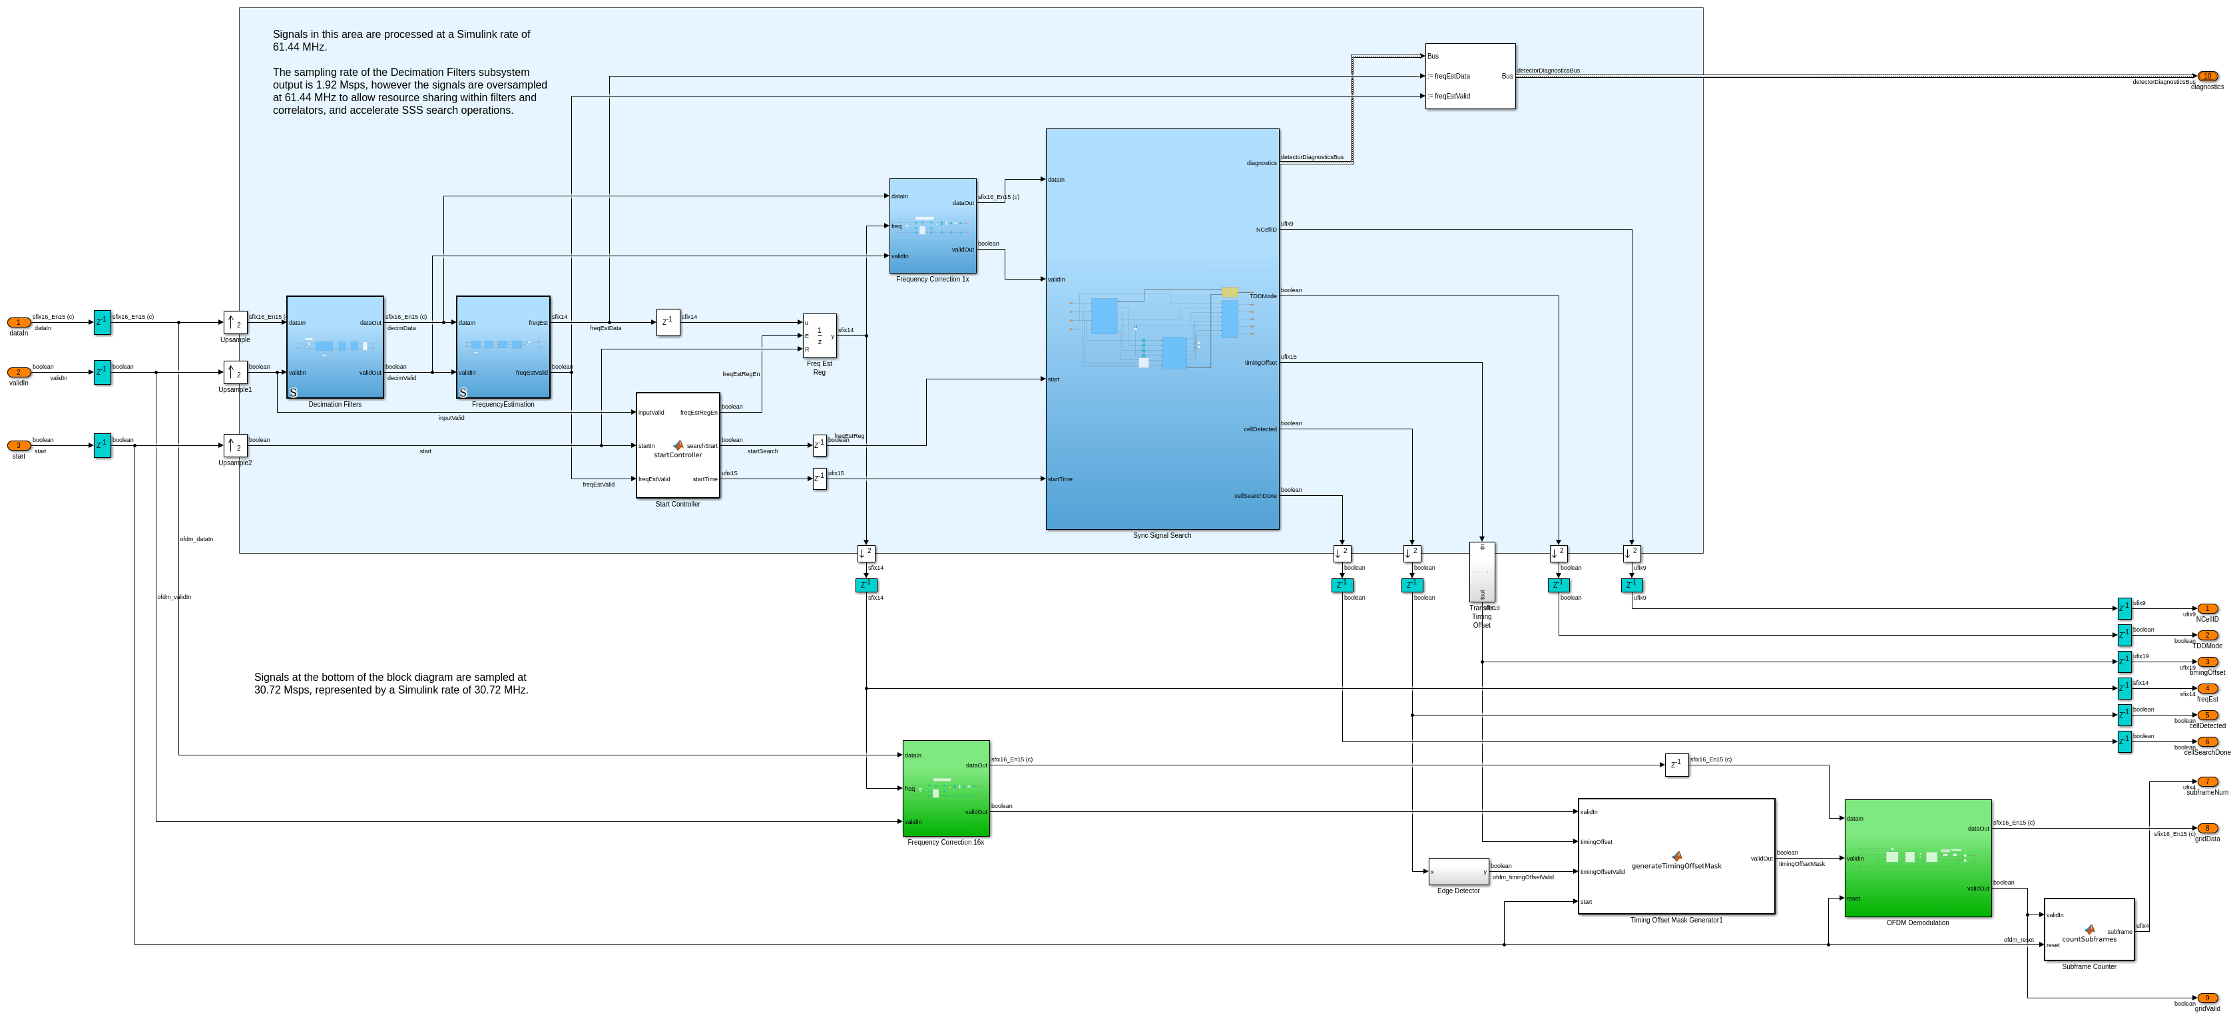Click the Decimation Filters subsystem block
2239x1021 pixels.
[x=335, y=347]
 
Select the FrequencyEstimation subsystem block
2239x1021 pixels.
[x=503, y=347]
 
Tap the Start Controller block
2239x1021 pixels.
[x=677, y=445]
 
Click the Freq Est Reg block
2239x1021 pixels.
[x=819, y=335]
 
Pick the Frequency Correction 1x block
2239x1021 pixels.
[x=932, y=226]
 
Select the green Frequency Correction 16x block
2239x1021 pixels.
[x=945, y=788]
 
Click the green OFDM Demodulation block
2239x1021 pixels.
[x=1917, y=858]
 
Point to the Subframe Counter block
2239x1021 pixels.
[x=2089, y=929]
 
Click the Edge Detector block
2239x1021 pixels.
[x=1457, y=871]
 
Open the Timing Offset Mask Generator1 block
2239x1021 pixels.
[x=1676, y=856]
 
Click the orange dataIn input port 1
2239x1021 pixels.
[x=18, y=322]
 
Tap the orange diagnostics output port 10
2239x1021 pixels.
[x=2207, y=77]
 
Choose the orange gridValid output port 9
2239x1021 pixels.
[x=2207, y=998]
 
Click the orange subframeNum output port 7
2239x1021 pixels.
[x=2207, y=782]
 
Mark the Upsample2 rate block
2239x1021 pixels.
[x=234, y=446]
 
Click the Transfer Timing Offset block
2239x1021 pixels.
[x=1482, y=572]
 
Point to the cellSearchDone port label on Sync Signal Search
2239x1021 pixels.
[x=1255, y=496]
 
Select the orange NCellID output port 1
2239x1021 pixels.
[x=2207, y=609]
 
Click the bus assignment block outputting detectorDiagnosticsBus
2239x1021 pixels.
[x=1470, y=77]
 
